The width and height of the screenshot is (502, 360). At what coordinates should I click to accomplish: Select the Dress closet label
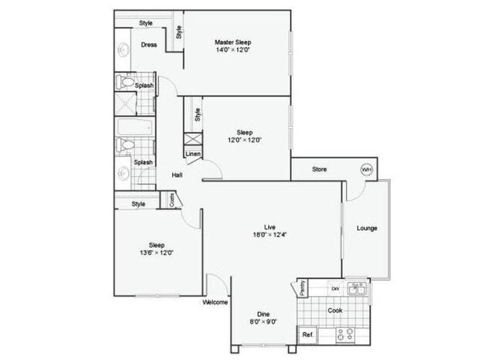pyautogui.click(x=149, y=45)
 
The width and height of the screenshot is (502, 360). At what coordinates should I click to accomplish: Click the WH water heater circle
pyautogui.click(x=366, y=170)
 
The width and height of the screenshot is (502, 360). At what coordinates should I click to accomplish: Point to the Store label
pyautogui.click(x=320, y=169)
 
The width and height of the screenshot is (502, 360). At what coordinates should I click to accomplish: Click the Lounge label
pyautogui.click(x=366, y=227)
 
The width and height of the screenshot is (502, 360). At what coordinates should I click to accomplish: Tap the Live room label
pyautogui.click(x=270, y=226)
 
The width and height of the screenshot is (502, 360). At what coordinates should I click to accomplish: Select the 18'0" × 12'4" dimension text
pyautogui.click(x=270, y=234)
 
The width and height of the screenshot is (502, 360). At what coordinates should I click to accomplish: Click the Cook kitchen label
pyautogui.click(x=334, y=311)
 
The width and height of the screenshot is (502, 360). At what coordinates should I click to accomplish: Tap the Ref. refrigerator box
pyautogui.click(x=307, y=335)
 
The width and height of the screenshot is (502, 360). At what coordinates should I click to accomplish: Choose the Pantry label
pyautogui.click(x=302, y=288)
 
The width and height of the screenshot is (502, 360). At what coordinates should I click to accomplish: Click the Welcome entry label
pyautogui.click(x=214, y=302)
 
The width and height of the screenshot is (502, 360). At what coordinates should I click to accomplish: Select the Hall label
pyautogui.click(x=177, y=175)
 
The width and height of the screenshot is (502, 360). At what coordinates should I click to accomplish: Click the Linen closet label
pyautogui.click(x=193, y=154)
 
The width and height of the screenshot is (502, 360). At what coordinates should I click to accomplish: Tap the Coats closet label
pyautogui.click(x=171, y=199)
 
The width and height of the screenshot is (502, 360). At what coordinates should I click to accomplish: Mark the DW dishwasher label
pyautogui.click(x=335, y=288)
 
